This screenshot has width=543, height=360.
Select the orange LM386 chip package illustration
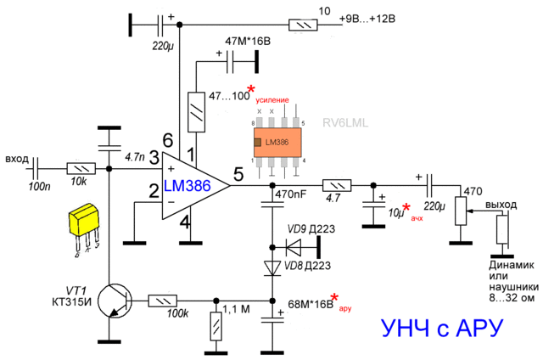tap(277, 143)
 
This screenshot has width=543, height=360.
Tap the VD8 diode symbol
tap(272, 267)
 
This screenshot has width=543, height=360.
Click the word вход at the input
tap(16, 159)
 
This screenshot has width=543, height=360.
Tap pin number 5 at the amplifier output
tap(238, 175)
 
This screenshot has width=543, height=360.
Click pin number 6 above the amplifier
tap(168, 140)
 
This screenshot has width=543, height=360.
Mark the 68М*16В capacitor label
tap(310, 303)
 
